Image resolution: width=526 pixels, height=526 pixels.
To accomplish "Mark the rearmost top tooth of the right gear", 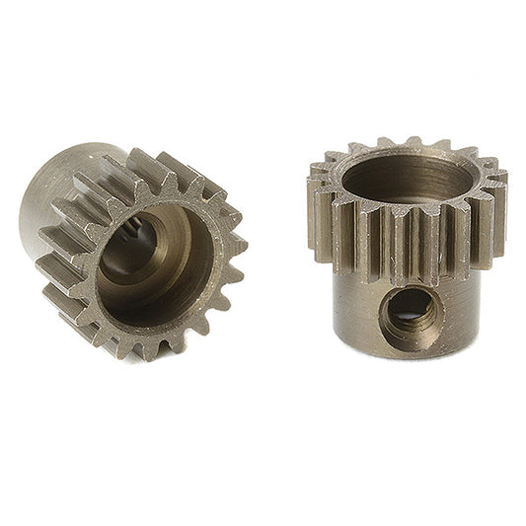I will pos(414,143).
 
